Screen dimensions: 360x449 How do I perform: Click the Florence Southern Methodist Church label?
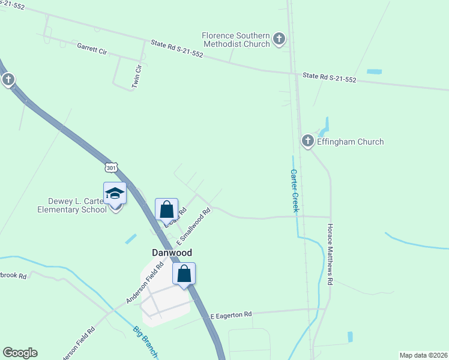[235, 40]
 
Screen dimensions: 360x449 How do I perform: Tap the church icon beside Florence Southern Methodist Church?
[279, 40]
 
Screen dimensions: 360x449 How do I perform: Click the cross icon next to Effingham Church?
[308, 141]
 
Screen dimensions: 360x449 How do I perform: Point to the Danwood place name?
[171, 253]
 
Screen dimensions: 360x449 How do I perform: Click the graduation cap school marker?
[115, 194]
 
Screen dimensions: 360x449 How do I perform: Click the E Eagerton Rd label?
[231, 314]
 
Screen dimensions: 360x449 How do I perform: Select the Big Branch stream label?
[145, 342]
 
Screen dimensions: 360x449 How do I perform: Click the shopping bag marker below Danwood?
[184, 274]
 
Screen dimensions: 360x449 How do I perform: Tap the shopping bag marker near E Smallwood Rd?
[167, 210]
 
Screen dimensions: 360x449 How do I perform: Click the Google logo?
[20, 353]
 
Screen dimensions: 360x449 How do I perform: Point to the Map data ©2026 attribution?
[423, 355]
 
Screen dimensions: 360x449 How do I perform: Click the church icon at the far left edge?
[8, 80]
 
